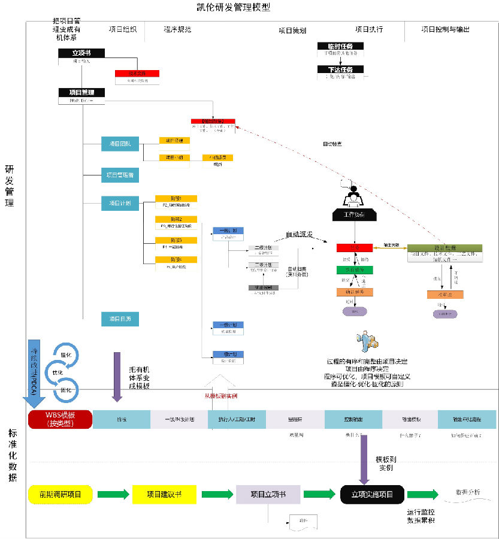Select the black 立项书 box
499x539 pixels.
point(81,53)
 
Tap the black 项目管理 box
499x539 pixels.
point(81,92)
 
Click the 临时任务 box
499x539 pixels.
point(340,46)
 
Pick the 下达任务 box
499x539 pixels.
point(340,69)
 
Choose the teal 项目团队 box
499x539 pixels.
point(120,144)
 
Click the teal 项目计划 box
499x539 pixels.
point(120,204)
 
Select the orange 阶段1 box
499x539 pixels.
point(176,198)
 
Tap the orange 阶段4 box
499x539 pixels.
point(176,259)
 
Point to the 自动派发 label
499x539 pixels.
point(298,234)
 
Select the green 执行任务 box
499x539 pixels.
point(355,269)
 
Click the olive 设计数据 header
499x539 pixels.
point(436,248)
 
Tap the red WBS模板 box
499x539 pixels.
point(59,419)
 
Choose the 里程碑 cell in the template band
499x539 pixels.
point(295,419)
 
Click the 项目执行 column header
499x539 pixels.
point(368,29)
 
